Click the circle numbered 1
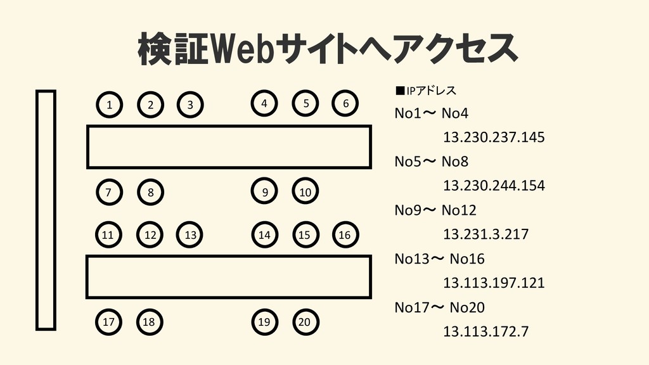(x=110, y=105)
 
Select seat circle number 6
(x=345, y=104)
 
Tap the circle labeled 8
(x=150, y=192)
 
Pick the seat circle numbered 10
(x=305, y=192)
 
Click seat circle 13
(x=190, y=235)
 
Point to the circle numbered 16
(x=345, y=235)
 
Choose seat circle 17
(x=108, y=322)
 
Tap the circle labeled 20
(x=305, y=322)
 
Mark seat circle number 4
(x=264, y=104)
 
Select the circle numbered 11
(x=108, y=235)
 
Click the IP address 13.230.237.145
(x=494, y=138)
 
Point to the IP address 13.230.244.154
(x=494, y=186)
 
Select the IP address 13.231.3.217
(x=485, y=234)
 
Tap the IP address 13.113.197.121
(x=494, y=283)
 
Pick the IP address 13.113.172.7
(x=485, y=331)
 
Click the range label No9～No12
(x=435, y=210)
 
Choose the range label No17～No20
(x=439, y=307)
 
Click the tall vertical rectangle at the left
(x=46, y=210)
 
